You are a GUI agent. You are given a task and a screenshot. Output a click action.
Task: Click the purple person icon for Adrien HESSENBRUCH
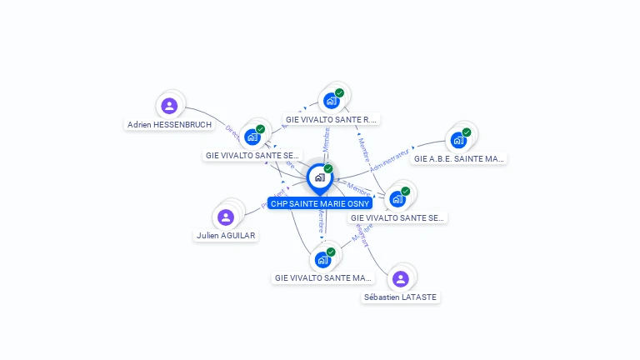point(169,106)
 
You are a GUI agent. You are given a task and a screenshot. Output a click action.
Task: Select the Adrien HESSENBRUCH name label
point(169,125)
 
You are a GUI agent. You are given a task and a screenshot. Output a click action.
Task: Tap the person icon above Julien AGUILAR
point(226,217)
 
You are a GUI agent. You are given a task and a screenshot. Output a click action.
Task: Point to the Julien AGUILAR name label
point(226,236)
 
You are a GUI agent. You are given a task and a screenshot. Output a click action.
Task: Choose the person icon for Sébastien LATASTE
point(400,278)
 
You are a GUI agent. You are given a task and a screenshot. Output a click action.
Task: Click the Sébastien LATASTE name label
point(400,297)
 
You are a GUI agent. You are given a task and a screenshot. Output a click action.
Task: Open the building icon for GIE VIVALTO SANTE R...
point(331,101)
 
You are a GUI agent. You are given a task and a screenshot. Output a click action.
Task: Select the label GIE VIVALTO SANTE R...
point(332,119)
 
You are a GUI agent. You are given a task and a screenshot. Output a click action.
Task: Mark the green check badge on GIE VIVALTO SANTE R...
point(339,92)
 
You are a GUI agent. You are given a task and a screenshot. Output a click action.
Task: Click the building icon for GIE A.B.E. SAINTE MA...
point(458,140)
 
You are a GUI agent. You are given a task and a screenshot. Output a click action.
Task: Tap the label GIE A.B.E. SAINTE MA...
point(459,158)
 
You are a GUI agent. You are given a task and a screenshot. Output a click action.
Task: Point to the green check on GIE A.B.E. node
point(467,132)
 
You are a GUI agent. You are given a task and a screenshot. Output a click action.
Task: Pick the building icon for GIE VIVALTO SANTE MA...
point(322,260)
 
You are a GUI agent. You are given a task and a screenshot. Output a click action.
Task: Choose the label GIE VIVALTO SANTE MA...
point(323,277)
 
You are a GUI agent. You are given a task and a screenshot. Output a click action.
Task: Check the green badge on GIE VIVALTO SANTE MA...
point(331,252)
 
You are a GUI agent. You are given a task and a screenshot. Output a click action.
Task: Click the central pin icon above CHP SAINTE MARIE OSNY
point(319,177)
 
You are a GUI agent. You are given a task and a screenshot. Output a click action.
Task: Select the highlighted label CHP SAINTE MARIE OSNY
point(319,203)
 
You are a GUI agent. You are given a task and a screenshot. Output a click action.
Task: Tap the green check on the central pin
point(328,168)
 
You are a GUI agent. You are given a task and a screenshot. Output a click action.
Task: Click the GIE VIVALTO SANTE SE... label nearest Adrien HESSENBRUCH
point(252,155)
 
